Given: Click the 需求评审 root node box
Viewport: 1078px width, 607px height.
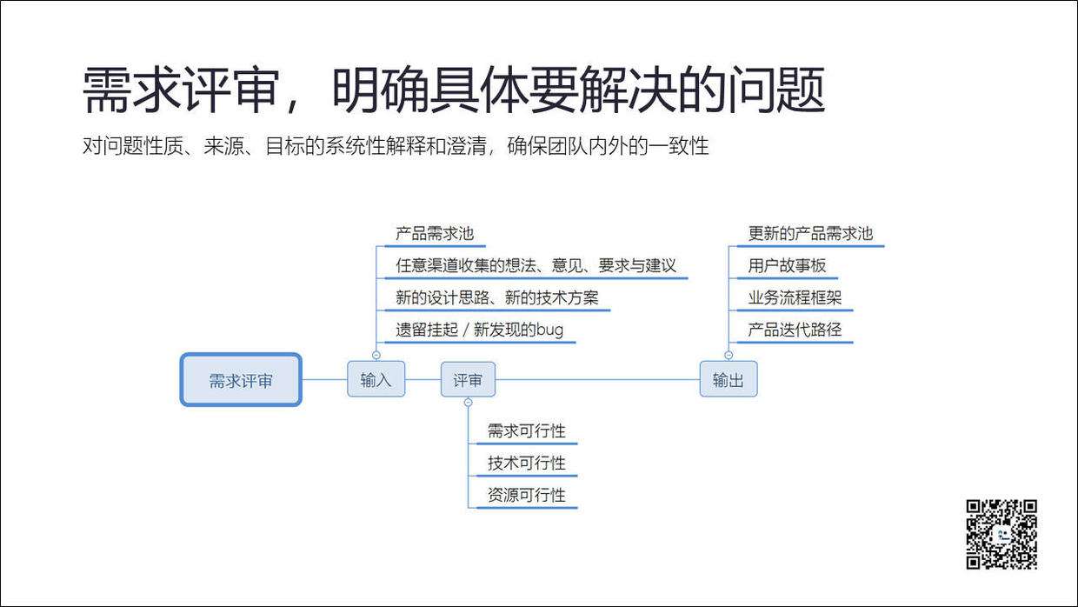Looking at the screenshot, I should point(241,380).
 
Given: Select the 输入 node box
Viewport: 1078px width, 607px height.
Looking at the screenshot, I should point(376,380).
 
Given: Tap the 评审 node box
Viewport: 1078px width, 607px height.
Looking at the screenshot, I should point(468,380).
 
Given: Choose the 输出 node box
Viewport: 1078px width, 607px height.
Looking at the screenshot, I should point(728,380).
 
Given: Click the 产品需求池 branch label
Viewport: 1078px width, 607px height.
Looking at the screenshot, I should point(435,234).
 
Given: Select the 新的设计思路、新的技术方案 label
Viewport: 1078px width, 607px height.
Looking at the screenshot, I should point(497,298).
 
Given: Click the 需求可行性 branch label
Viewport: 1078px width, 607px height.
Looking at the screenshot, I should point(526,430).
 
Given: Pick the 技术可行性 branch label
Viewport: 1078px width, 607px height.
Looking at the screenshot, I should point(526,463).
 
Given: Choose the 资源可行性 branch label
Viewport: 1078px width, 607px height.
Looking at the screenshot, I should point(526,495).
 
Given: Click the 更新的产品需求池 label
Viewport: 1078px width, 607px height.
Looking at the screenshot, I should point(810,234).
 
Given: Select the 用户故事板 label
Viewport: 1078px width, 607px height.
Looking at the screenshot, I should point(787,266).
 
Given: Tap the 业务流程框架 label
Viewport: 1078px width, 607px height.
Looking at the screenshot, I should point(795,298).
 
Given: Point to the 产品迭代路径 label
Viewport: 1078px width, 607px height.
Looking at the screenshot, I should point(795,330).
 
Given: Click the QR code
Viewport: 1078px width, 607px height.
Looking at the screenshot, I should point(1001,534).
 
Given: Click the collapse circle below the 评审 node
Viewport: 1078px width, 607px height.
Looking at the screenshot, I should point(468,403).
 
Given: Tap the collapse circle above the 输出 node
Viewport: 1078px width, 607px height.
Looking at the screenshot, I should point(728,355).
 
